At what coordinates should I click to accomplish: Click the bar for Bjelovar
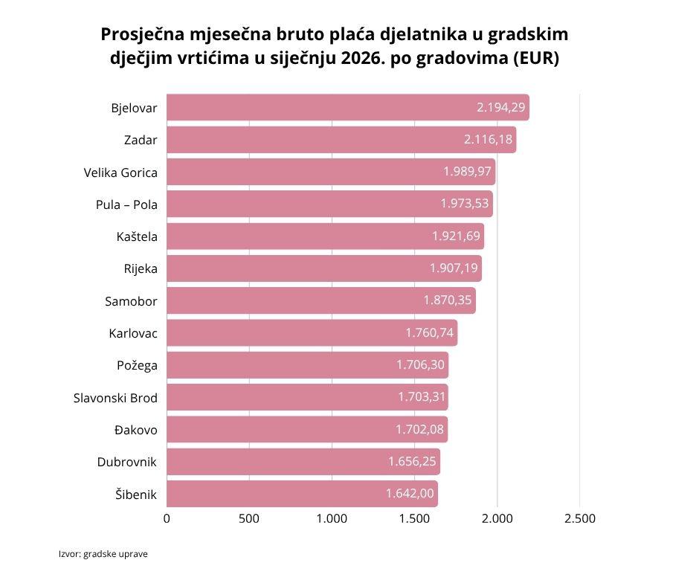[x=347, y=108]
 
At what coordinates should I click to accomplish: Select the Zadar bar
[x=341, y=140]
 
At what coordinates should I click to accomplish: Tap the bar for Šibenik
[x=302, y=494]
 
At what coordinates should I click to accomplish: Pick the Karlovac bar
[x=312, y=333]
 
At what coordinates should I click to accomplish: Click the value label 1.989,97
[x=467, y=172]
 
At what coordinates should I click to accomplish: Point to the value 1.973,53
[x=465, y=204]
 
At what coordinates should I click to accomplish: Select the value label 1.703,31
[x=421, y=397]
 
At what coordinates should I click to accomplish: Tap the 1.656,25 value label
[x=413, y=462]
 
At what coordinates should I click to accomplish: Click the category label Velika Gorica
[x=120, y=173]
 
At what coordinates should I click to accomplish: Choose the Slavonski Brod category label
[x=115, y=398]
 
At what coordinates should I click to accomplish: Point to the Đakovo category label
[x=136, y=430]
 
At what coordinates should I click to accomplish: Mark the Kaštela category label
[x=137, y=237]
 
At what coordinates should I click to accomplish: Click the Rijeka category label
[x=141, y=269]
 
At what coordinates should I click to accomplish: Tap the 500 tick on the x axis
[x=249, y=519]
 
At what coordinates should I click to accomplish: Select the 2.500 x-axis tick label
[x=580, y=519]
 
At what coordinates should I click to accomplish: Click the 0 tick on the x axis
[x=167, y=519]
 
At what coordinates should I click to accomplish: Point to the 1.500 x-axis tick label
[x=414, y=519]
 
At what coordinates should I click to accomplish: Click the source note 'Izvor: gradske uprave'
[x=103, y=554]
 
